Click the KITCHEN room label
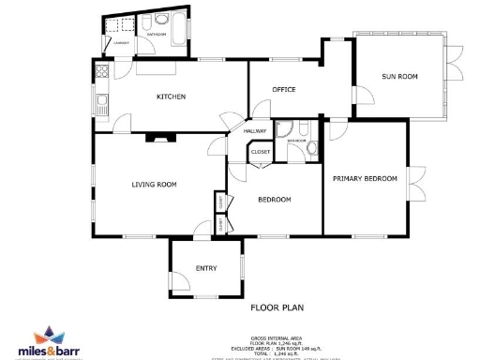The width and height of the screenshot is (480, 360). click(x=171, y=97)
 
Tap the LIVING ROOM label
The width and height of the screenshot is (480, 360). click(x=154, y=185)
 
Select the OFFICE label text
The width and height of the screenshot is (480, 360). click(x=283, y=90)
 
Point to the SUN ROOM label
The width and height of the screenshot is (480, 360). click(x=400, y=76)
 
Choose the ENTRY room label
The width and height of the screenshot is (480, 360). click(x=206, y=269)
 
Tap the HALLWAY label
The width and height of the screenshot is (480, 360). click(x=255, y=131)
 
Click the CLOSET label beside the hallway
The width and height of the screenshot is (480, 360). click(x=261, y=152)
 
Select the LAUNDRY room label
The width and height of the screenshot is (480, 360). click(x=121, y=43)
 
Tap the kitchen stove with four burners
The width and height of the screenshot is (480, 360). click(x=101, y=68)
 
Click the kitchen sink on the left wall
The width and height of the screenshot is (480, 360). click(x=100, y=97)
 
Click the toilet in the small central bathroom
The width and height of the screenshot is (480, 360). click(x=311, y=147)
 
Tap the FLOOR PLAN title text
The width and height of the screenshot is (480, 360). click(x=277, y=307)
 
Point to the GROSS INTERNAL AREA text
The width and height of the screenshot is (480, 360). click(x=277, y=336)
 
